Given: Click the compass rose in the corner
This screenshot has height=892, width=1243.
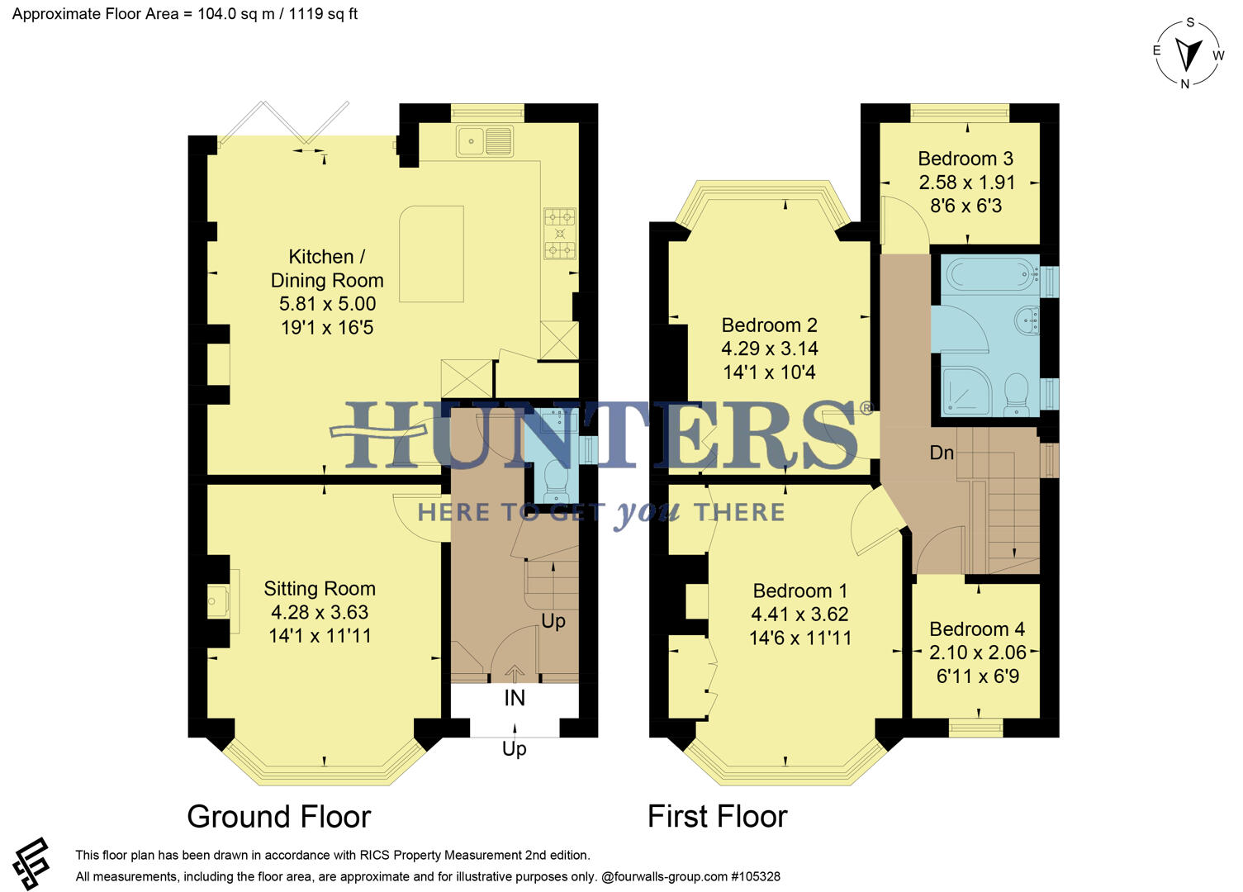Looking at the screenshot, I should tap(1188, 54).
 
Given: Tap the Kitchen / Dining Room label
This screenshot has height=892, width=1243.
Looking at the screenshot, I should tap(327, 268).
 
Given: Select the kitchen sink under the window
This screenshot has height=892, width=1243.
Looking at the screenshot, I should tap(485, 141).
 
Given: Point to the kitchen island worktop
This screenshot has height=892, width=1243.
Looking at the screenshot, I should tap(431, 254).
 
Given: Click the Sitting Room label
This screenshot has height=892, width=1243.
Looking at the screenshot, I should tap(320, 589).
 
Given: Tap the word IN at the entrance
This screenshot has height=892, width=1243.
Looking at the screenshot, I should tap(515, 699).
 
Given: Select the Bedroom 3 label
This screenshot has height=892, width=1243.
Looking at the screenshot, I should tap(965, 159).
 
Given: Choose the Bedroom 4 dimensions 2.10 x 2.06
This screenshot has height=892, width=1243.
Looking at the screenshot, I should tap(978, 652).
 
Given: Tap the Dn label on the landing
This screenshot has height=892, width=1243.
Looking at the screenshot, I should tap(942, 453).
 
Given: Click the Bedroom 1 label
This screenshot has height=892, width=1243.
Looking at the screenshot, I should tap(799, 591).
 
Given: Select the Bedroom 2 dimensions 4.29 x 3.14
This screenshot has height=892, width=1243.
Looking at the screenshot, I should tap(770, 349).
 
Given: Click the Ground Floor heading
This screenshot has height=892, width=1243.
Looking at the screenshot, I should tap(279, 816).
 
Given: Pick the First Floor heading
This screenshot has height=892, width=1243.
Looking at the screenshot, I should tap(717, 816).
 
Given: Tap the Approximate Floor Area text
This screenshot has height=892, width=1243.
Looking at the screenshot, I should tap(184, 14).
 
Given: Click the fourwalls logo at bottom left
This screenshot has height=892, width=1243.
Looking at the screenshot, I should tap(31, 864).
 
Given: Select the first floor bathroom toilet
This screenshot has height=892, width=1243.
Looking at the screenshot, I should tap(1015, 394).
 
